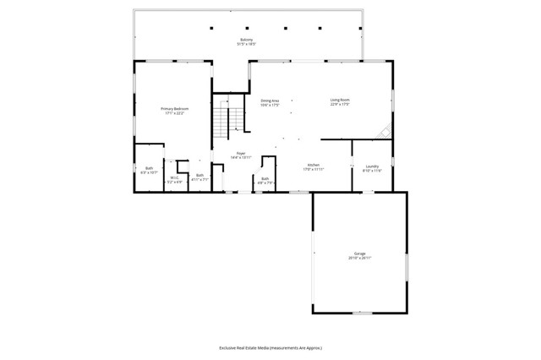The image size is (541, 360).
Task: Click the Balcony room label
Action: (x=247, y=39)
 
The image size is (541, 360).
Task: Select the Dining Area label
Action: (x=270, y=101)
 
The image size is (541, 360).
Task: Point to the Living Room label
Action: (x=340, y=101)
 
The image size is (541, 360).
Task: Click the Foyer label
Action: (x=229, y=153)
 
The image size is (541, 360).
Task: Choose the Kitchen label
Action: (x=313, y=165)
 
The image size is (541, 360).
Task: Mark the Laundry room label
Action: (x=372, y=166)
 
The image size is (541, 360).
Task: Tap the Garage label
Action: (x=359, y=253)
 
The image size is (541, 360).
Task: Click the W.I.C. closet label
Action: (x=173, y=177)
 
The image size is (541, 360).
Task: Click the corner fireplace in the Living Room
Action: (x=385, y=133)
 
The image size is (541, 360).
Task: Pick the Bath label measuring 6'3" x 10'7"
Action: (x=149, y=168)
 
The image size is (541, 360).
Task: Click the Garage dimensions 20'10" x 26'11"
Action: (x=359, y=258)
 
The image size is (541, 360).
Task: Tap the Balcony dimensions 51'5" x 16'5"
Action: (x=247, y=44)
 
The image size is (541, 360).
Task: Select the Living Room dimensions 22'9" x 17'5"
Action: (x=340, y=106)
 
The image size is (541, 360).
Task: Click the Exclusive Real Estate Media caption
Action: (x=270, y=347)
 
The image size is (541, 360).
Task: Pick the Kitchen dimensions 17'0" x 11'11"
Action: (x=313, y=170)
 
